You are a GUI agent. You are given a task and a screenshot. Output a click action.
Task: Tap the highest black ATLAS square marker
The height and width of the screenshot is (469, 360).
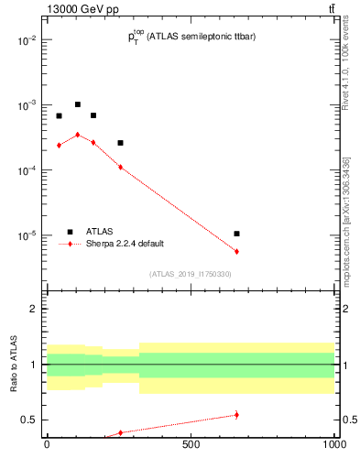click(x=78, y=104)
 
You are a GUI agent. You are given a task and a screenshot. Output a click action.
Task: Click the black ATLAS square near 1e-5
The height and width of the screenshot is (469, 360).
click(x=236, y=234)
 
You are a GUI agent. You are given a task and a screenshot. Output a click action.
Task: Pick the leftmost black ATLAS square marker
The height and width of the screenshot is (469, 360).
click(x=59, y=116)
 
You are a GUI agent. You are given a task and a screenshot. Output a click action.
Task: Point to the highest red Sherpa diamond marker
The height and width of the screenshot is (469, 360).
click(x=78, y=135)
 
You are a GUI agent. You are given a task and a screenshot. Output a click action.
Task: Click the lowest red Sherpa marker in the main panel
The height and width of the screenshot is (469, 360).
click(x=236, y=251)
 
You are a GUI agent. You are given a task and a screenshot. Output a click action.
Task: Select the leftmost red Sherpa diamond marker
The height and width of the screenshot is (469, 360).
click(x=59, y=145)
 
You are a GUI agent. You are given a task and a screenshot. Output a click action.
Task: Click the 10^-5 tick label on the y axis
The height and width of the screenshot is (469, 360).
click(x=27, y=235)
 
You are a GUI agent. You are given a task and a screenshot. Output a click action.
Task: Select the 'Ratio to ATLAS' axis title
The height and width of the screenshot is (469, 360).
click(x=14, y=365)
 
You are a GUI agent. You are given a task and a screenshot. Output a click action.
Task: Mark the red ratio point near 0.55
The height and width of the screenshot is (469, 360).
click(x=236, y=415)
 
